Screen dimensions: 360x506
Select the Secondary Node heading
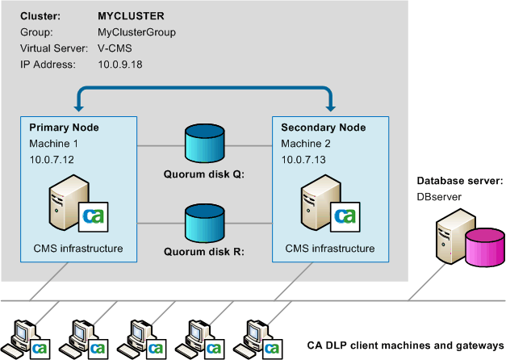click(323, 128)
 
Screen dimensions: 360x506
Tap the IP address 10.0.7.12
click(52, 160)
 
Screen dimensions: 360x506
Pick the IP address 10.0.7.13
click(303, 160)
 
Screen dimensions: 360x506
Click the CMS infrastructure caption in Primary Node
click(76, 248)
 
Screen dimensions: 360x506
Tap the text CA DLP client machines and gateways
click(405, 345)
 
